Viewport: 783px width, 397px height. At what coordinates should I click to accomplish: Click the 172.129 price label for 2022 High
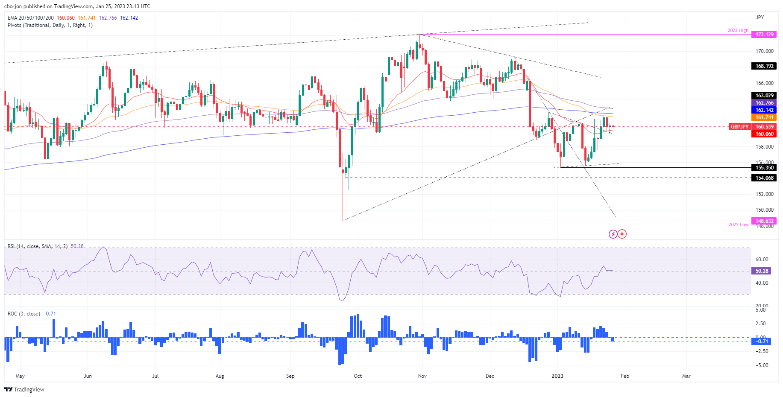[x=764, y=35]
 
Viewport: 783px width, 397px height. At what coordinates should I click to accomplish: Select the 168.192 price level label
[x=764, y=66]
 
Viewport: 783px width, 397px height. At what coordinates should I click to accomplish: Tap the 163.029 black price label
[x=764, y=96]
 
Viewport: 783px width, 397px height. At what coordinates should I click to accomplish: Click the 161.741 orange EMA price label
[x=764, y=117]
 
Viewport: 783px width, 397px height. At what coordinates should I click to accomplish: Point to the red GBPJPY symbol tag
[x=739, y=127]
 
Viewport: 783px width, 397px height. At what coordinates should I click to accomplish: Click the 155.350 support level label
[x=764, y=168]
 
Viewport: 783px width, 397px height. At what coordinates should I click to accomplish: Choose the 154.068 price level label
[x=764, y=178]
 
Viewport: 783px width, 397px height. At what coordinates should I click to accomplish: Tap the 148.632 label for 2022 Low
[x=764, y=221]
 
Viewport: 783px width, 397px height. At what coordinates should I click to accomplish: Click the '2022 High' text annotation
[x=738, y=31]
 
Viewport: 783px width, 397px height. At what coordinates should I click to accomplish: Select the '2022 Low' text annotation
[x=738, y=225]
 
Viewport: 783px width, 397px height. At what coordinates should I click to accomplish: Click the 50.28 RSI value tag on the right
[x=762, y=271]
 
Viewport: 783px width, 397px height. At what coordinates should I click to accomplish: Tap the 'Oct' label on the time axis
[x=358, y=376]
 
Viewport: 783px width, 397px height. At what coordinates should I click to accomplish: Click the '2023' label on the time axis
[x=557, y=376]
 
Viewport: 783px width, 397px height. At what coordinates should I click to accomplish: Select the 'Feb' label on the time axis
[x=625, y=376]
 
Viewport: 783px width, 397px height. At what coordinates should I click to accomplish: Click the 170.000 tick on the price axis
[x=764, y=51]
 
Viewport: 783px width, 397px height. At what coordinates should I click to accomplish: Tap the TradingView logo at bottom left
[x=24, y=389]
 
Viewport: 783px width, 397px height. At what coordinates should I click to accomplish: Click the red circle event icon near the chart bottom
[x=622, y=234]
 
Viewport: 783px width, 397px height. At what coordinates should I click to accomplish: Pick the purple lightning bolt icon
[x=613, y=234]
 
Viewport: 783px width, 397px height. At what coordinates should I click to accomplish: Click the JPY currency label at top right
[x=760, y=18]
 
